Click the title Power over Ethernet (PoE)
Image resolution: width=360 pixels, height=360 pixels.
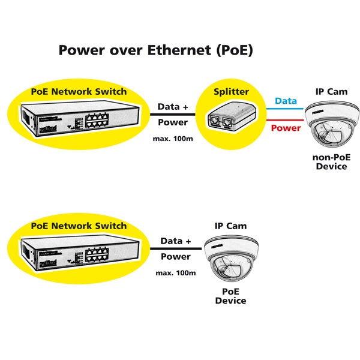[155, 50]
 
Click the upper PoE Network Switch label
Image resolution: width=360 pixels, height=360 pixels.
[79, 92]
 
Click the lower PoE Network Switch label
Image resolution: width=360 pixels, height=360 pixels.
[79, 226]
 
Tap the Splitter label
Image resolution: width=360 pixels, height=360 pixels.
[231, 92]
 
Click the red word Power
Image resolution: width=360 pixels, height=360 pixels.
[286, 127]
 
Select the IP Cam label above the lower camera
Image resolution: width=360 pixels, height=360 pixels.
[231, 226]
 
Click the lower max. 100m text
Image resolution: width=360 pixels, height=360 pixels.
[175, 273]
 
